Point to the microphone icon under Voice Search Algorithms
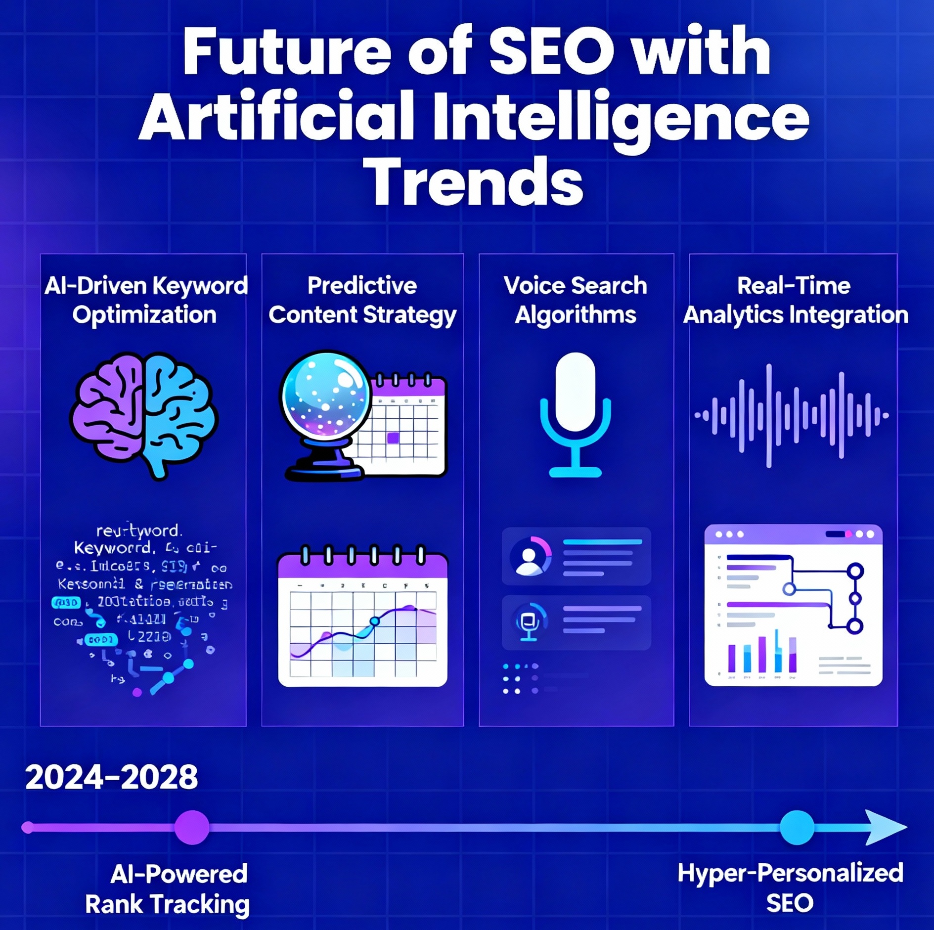pos(575,414)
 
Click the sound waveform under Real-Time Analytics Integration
pos(792,415)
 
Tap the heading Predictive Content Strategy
pos(362,300)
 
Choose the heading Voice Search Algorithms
pos(575,300)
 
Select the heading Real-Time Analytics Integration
pos(795,300)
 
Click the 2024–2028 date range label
pos(112,777)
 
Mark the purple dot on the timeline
pos(192,827)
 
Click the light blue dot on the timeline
pos(797,827)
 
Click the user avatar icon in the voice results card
pos(529,557)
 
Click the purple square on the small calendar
pos(393,438)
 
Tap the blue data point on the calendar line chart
pos(374,621)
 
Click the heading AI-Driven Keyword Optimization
pos(145,300)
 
